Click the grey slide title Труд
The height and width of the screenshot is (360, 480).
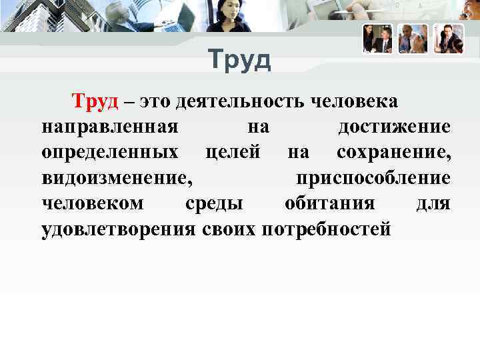(x=239, y=61)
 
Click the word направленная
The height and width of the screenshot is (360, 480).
(x=109, y=127)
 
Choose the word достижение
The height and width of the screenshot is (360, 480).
(x=394, y=127)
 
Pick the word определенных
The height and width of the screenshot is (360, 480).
(x=109, y=153)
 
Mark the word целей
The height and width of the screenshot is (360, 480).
(x=233, y=153)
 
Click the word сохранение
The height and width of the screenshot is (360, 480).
(x=393, y=153)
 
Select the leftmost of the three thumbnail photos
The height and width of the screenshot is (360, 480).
(x=377, y=39)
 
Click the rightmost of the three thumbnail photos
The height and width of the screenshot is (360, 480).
(x=448, y=39)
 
